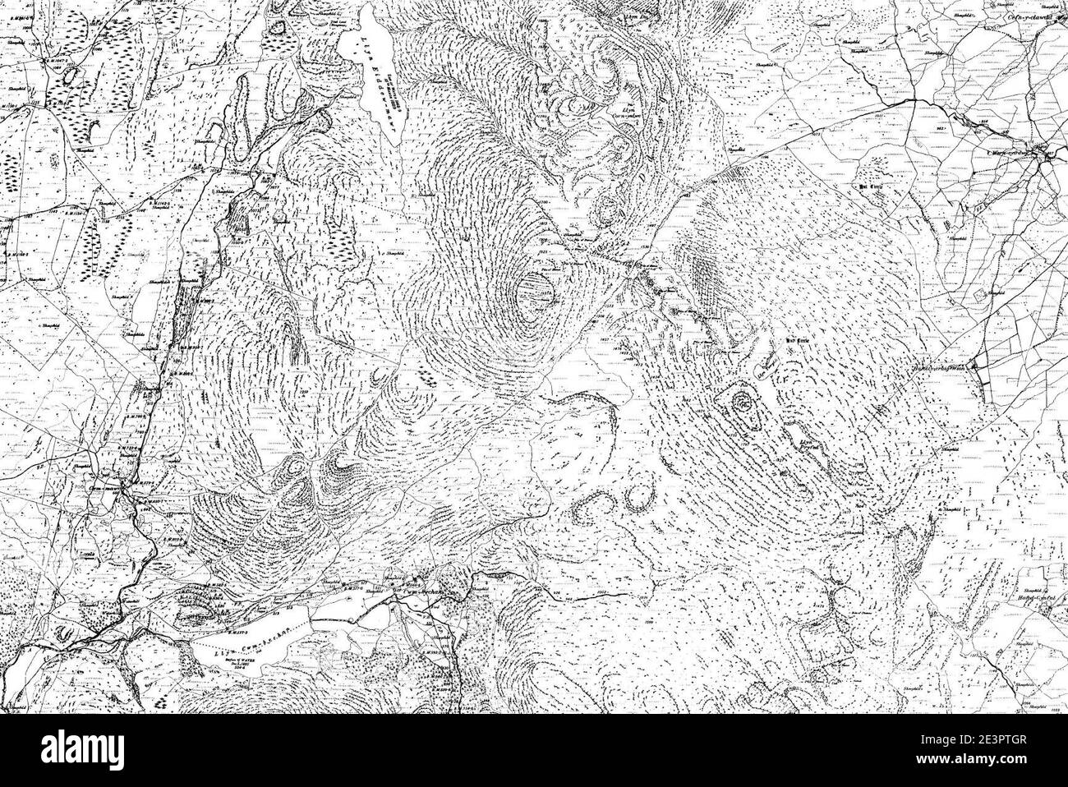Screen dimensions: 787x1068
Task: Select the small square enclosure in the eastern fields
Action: point(978,294)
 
